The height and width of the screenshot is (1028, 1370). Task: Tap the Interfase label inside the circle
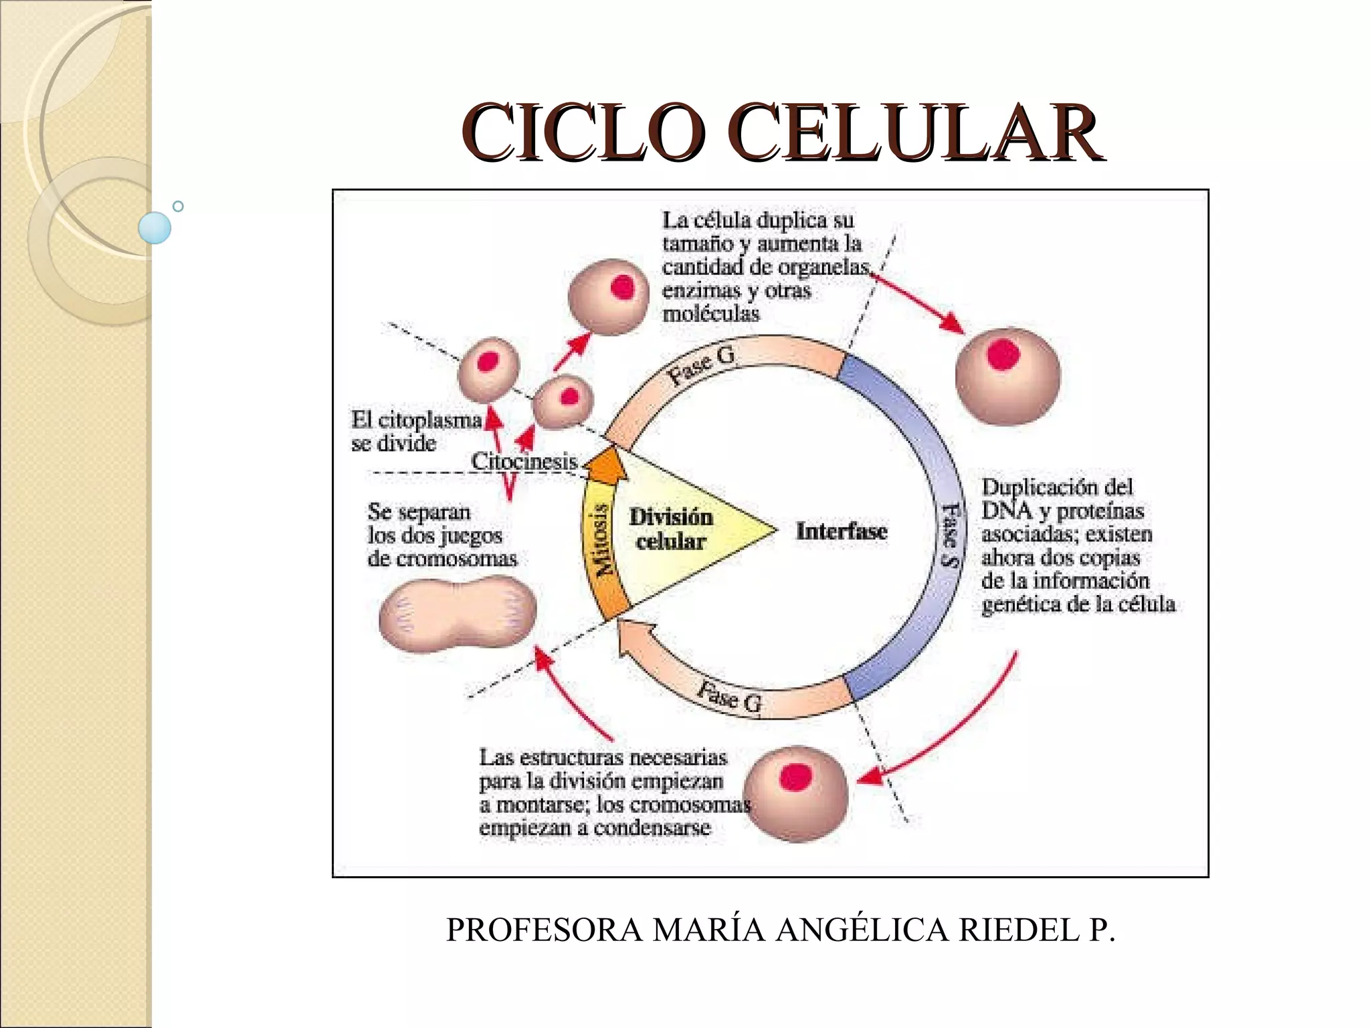pos(841,531)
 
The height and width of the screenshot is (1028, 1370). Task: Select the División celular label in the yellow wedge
pos(671,529)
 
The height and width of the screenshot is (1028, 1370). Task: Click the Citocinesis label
pos(524,461)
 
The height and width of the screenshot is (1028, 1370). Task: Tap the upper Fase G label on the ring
pos(702,365)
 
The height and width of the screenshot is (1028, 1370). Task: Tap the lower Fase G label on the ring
pos(728,697)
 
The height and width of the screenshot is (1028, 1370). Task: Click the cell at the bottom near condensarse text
pos(796,794)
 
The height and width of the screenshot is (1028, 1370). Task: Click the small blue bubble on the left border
pos(155,228)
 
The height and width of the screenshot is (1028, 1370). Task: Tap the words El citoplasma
pos(416,420)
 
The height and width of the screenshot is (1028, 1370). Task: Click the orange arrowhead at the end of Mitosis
pos(607,466)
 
